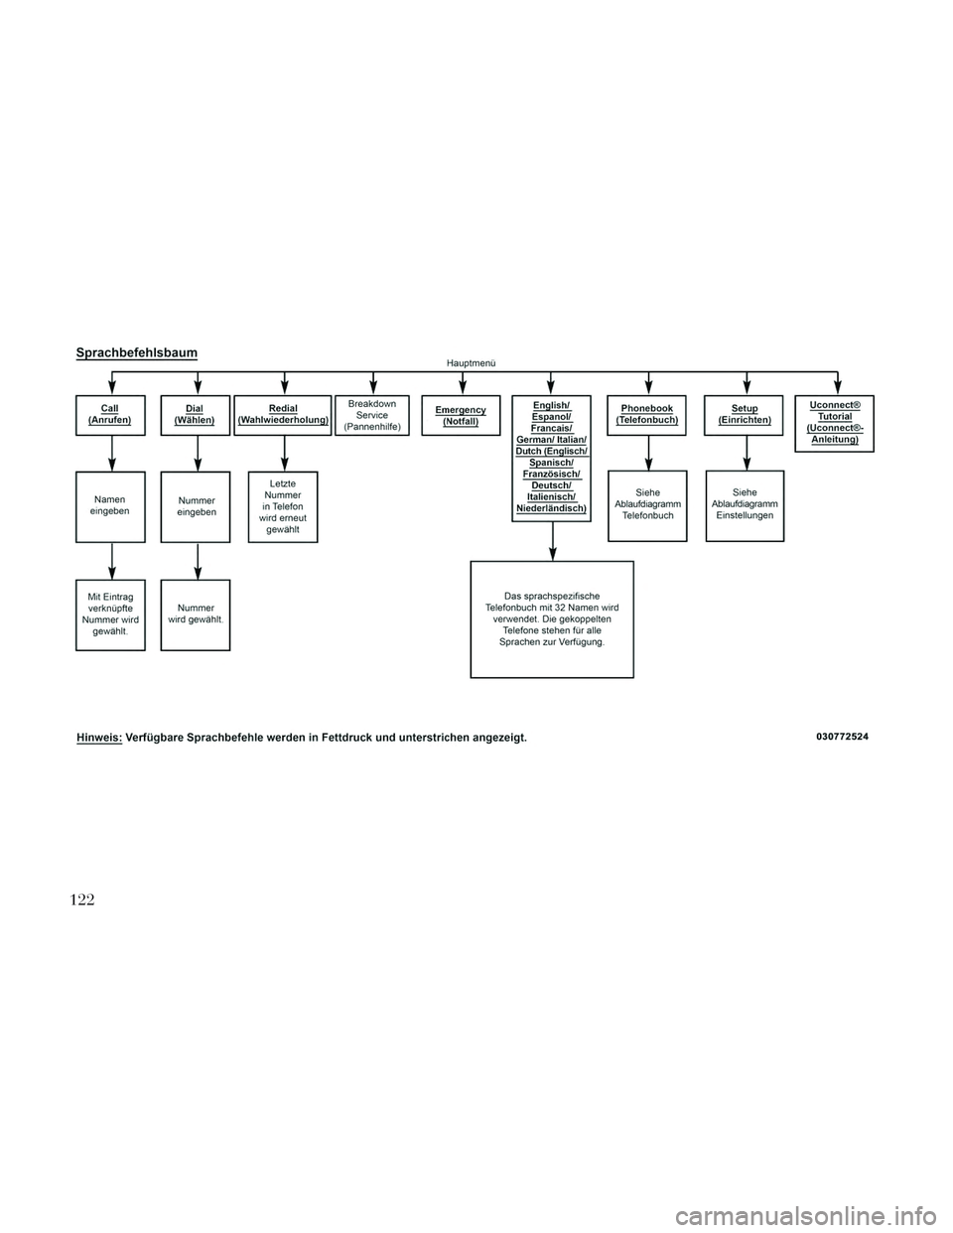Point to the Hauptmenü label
pos(472,363)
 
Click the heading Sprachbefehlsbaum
pos(137,353)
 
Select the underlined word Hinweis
pos(99,739)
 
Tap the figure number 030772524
pos(843,737)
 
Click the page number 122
pos(82,899)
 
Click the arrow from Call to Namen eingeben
pos(112,454)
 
